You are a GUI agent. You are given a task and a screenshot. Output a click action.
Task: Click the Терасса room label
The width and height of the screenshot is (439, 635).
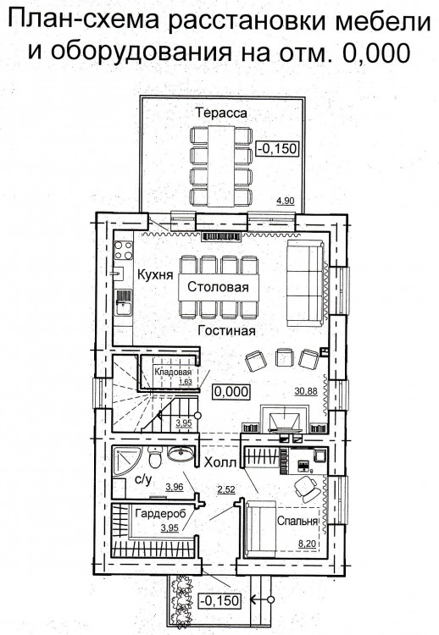(x=221, y=113)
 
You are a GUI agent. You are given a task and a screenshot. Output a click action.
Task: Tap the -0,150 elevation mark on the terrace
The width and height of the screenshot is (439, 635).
(x=278, y=148)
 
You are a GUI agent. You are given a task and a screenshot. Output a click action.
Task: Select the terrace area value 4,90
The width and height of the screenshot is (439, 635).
(x=285, y=200)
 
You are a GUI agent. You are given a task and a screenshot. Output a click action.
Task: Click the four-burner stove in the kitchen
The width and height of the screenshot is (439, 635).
(x=123, y=250)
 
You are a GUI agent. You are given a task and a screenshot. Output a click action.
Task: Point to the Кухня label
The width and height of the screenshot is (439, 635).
(x=155, y=274)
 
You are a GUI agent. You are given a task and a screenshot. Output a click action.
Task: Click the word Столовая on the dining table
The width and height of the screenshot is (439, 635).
(x=218, y=287)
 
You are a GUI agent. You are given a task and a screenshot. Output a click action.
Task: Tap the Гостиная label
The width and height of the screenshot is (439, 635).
(x=226, y=331)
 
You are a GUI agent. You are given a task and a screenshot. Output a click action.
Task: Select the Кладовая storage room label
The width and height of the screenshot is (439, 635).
(x=173, y=372)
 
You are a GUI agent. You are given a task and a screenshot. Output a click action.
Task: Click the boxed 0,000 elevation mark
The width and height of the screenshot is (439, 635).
(x=231, y=392)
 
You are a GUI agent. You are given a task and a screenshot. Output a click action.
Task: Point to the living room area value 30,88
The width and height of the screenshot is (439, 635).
(x=307, y=391)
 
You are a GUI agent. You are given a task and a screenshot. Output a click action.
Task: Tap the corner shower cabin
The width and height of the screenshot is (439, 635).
(x=125, y=461)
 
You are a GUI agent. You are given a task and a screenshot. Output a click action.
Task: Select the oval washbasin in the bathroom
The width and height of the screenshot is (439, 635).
(x=181, y=454)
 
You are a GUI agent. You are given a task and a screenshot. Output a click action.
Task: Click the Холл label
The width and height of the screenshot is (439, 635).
(x=220, y=462)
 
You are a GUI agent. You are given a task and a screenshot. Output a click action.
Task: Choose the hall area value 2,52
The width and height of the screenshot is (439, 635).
(x=226, y=489)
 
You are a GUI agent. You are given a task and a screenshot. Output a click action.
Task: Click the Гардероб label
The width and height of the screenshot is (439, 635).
(x=160, y=514)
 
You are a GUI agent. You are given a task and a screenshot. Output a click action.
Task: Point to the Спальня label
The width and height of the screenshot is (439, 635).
(x=297, y=521)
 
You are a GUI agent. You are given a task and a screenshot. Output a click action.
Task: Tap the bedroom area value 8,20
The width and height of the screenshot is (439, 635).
(x=307, y=544)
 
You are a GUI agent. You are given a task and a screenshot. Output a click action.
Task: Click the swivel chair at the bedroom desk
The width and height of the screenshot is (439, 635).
(x=308, y=487)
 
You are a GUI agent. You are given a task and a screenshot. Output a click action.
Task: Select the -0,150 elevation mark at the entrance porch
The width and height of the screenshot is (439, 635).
(x=219, y=600)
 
